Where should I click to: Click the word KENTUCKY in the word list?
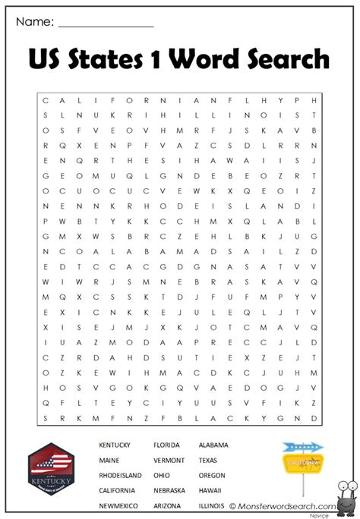point(115,445)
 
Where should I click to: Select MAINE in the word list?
point(109,460)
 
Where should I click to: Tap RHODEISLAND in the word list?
point(120,475)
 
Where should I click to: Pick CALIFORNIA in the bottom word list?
point(118,490)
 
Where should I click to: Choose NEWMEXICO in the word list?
point(118,505)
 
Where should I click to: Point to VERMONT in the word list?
point(169,460)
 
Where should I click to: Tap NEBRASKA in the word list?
point(169,490)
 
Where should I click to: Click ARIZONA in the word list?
point(167,505)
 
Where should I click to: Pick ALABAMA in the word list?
point(213,445)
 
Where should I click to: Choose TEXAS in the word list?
point(208,460)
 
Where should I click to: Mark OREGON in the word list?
point(212,475)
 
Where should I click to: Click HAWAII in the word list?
point(210,490)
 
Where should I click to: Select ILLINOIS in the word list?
point(212,505)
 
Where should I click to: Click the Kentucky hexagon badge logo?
point(52,472)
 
